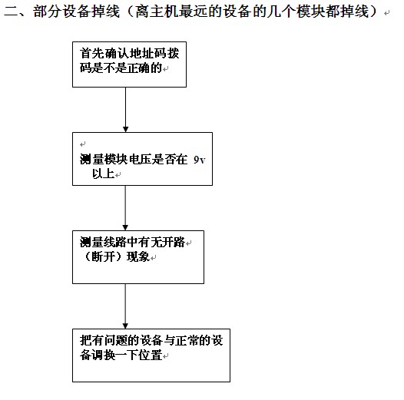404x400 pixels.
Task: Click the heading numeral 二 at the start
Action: point(11,12)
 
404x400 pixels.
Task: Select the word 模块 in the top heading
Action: point(311,12)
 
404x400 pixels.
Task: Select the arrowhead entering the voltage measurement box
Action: point(126,129)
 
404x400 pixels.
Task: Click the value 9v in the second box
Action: point(200,160)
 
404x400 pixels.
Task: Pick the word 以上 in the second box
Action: point(104,174)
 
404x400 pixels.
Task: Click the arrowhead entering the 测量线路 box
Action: point(125,227)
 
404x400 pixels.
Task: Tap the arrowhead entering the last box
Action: point(125,326)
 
